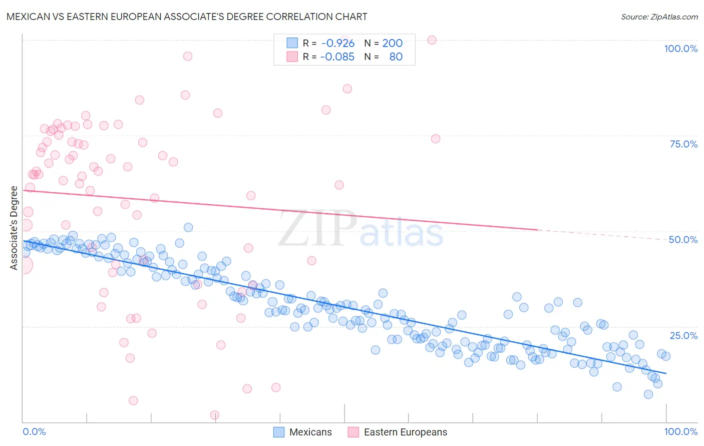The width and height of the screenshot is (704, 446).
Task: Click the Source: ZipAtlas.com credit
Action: (x=659, y=16)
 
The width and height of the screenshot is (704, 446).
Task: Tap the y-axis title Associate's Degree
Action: (x=14, y=227)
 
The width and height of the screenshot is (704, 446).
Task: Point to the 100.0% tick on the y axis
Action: (x=680, y=48)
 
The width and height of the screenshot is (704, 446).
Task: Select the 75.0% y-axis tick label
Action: (x=683, y=144)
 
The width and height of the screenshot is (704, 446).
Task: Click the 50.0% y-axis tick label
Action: (x=683, y=239)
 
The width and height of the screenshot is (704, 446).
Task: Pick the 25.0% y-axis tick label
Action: (x=683, y=335)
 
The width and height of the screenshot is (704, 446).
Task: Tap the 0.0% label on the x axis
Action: (x=34, y=431)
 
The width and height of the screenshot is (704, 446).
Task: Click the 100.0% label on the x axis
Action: (x=680, y=431)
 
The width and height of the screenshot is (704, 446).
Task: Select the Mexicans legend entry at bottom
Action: (x=303, y=432)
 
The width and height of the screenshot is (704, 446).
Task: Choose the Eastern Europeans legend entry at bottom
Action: (x=398, y=432)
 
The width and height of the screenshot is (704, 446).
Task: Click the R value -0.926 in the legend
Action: (x=338, y=43)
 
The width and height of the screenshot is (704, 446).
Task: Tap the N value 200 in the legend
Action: (x=392, y=43)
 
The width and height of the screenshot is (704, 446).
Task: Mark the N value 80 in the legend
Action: (x=396, y=56)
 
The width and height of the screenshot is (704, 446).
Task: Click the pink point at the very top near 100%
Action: (x=432, y=40)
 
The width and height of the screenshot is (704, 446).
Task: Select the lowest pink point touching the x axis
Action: (x=215, y=415)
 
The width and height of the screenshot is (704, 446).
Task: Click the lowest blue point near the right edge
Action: (x=648, y=394)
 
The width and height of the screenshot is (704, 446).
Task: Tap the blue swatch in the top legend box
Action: (x=292, y=43)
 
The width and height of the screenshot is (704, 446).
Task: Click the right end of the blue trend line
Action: (x=666, y=373)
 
